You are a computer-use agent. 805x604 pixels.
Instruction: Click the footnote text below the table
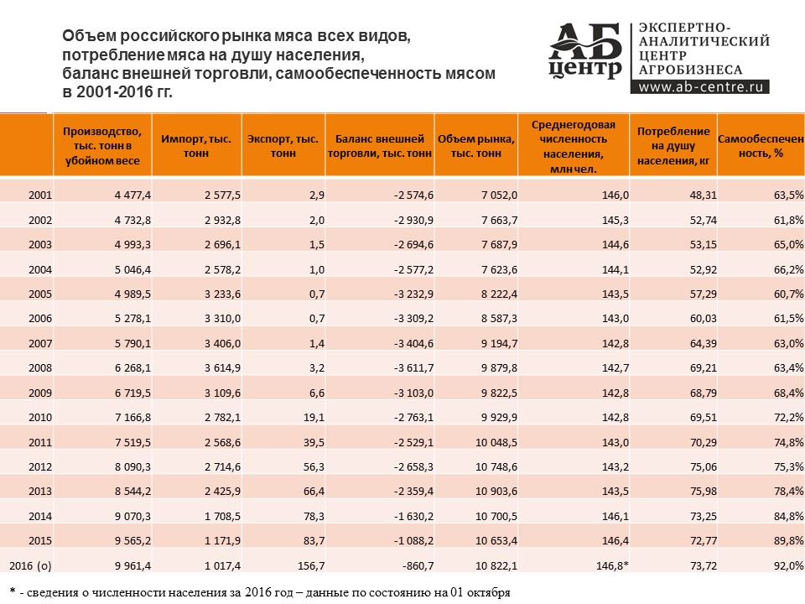260,591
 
